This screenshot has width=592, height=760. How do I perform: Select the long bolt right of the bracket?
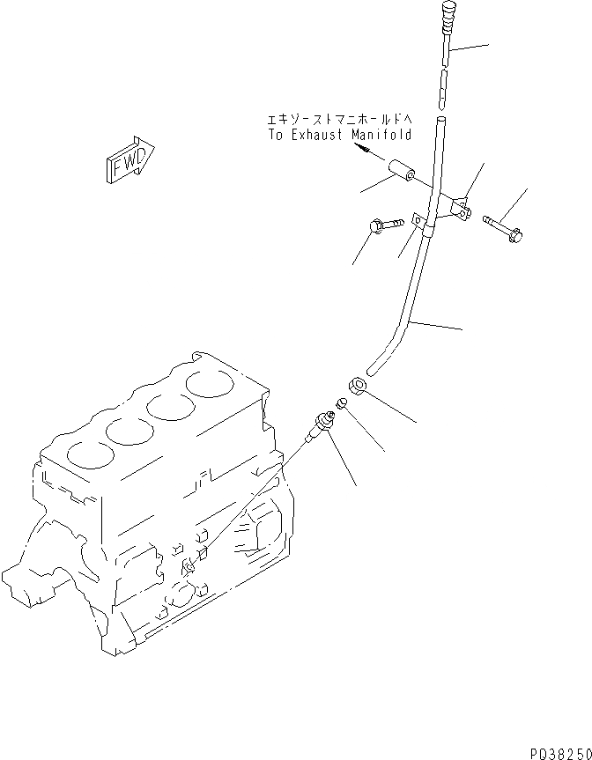[503, 227]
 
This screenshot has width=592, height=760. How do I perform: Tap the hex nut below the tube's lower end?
[358, 385]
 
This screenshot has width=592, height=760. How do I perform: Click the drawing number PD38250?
[559, 751]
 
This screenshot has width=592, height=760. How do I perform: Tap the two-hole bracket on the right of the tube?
[461, 209]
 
